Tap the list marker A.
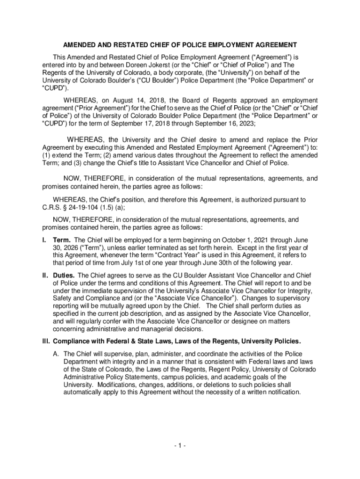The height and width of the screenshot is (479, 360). [x=55, y=354]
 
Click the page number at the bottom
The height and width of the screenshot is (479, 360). [x=180, y=446]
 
